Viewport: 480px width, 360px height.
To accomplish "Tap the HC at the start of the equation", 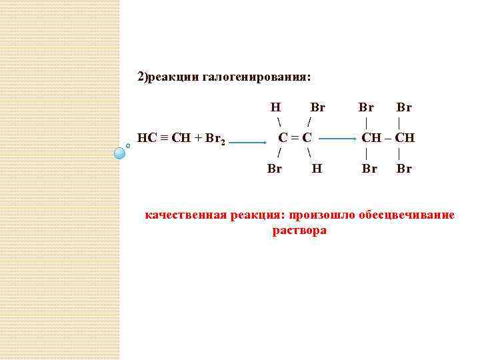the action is (x=146, y=139).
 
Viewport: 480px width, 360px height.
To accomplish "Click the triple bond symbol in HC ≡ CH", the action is (x=163, y=139).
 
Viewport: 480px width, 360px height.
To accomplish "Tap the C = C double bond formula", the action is (x=295, y=139).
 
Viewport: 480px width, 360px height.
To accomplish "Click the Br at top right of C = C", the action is (x=317, y=107).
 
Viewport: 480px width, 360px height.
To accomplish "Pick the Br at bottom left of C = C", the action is (x=274, y=169).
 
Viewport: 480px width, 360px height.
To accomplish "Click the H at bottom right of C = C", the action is (x=317, y=169).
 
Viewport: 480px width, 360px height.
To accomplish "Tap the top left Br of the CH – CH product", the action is (x=366, y=107).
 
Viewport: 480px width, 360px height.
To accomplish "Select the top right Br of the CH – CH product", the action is (x=404, y=107).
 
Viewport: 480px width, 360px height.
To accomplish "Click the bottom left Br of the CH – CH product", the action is (x=369, y=169).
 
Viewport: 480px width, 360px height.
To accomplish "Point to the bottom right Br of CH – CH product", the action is (x=404, y=169).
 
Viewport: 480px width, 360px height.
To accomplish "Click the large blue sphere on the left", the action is (x=120, y=153).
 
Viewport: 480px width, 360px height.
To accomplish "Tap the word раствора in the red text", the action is (x=299, y=231).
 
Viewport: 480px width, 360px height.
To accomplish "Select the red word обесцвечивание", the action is (x=407, y=215).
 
